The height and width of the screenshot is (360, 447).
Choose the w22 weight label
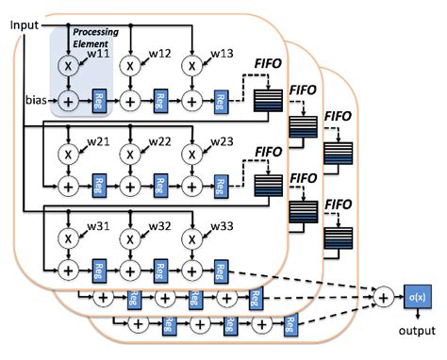click(x=158, y=142)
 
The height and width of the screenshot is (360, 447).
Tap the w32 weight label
click(x=158, y=226)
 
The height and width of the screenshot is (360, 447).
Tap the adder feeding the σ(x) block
click(x=383, y=298)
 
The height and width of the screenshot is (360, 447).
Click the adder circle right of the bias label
click(x=69, y=97)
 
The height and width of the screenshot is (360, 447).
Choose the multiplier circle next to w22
click(x=131, y=153)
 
